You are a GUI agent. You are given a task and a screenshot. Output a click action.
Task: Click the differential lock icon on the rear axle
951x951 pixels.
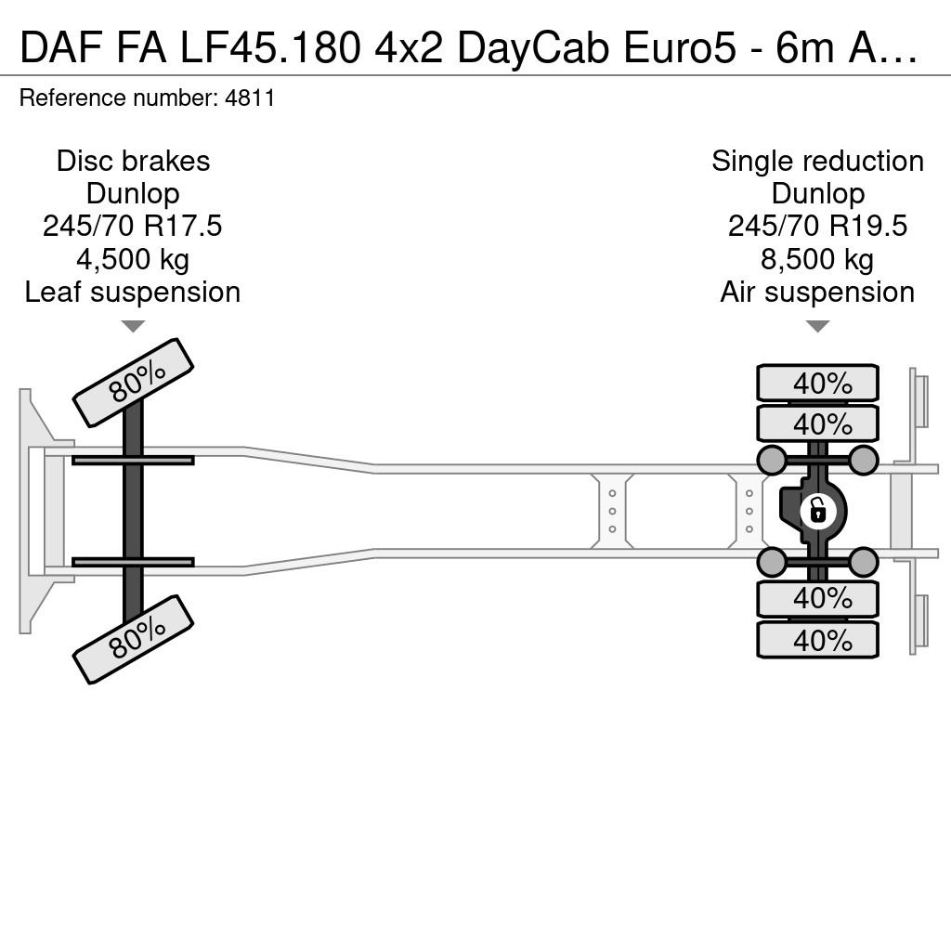[817, 512]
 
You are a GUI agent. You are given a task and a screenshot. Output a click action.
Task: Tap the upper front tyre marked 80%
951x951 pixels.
[133, 383]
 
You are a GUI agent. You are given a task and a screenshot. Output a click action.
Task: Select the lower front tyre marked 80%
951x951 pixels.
[133, 639]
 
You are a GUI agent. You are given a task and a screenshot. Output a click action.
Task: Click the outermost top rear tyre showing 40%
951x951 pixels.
[817, 384]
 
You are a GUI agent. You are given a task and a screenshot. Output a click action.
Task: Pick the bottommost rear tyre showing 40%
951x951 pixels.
[817, 640]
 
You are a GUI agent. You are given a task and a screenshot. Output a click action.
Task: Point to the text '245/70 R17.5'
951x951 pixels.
[132, 227]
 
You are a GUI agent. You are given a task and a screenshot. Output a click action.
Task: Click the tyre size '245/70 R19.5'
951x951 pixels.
[817, 227]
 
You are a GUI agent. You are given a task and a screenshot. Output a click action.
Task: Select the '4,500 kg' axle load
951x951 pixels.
[132, 260]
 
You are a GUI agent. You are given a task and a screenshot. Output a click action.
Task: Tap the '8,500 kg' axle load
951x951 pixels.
[817, 260]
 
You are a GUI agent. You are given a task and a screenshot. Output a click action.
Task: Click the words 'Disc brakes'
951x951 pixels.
[133, 162]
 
